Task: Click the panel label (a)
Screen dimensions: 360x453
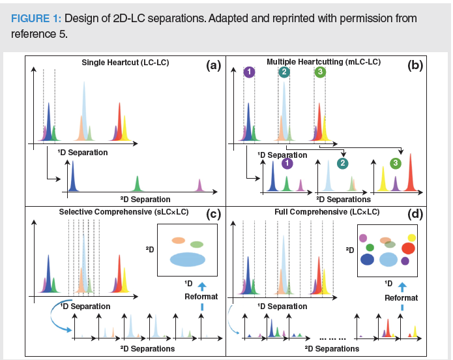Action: tap(212, 65)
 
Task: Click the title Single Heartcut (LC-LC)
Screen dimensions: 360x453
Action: tap(122, 63)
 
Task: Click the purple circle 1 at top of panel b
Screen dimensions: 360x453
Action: tap(248, 72)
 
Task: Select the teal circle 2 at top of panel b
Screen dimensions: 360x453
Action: tap(284, 72)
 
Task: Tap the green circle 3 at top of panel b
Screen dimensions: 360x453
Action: tap(319, 72)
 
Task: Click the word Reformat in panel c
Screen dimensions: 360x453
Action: tap(201, 297)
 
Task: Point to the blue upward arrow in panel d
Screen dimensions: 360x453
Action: tap(402, 286)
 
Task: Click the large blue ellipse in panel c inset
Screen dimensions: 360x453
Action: tap(187, 259)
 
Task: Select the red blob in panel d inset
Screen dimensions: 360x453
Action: tap(408, 248)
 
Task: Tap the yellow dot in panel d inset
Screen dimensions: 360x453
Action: tap(411, 238)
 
